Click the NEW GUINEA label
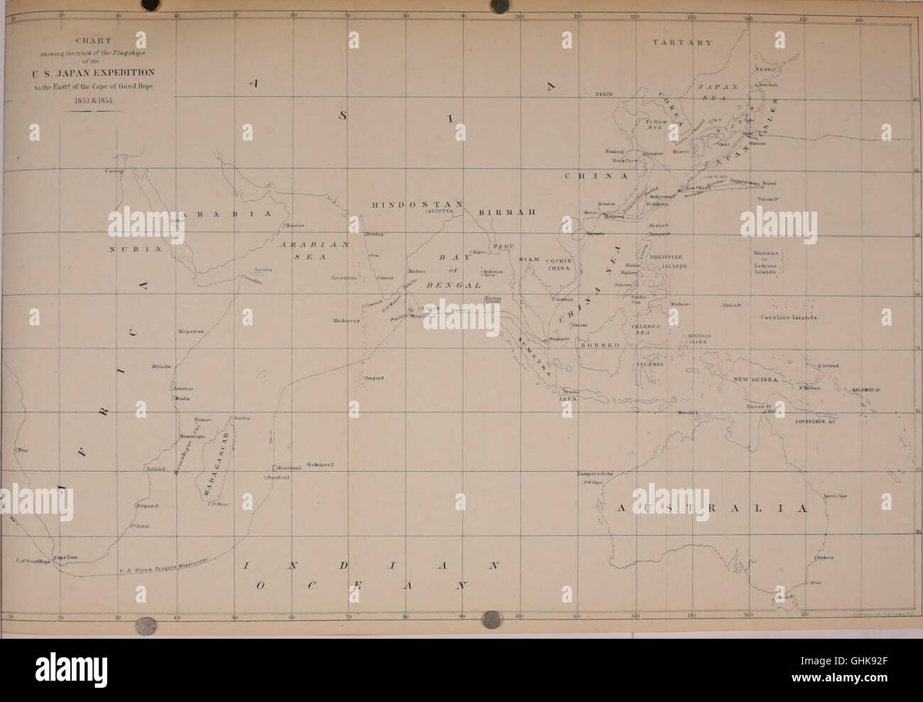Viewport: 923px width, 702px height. click(x=758, y=380)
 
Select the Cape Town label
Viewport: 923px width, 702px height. click(x=69, y=557)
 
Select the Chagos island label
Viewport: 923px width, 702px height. click(x=373, y=378)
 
